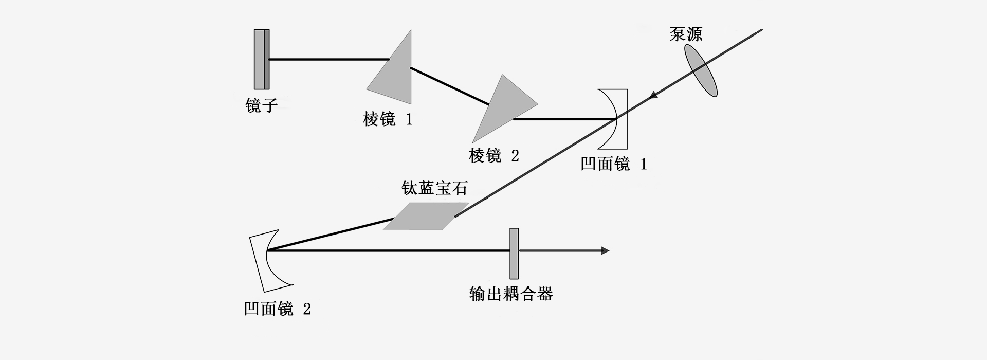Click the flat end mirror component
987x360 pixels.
[x=262, y=59]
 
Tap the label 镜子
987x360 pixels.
[x=262, y=106]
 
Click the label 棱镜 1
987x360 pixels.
[x=388, y=120]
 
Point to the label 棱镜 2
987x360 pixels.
[x=493, y=155]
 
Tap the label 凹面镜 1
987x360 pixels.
[x=613, y=164]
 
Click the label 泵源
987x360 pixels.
[x=686, y=34]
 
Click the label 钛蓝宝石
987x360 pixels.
[x=434, y=188]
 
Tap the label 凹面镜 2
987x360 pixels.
[x=277, y=309]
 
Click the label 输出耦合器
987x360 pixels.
[x=511, y=294]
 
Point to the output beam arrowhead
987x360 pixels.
[x=605, y=251]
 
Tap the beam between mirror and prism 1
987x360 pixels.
[x=329, y=60]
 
